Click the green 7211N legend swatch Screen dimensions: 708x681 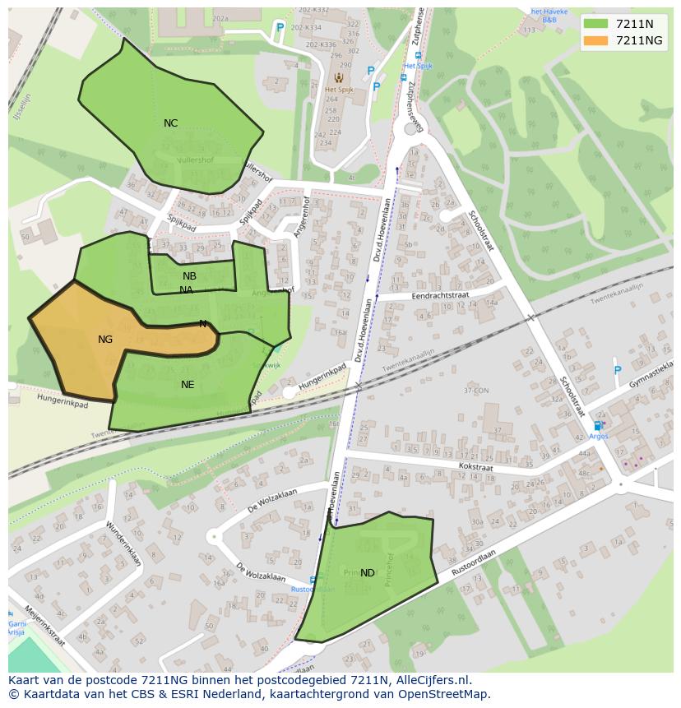click(595, 24)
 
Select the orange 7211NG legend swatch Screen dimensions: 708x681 click(595, 40)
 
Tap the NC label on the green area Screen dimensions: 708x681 click(170, 123)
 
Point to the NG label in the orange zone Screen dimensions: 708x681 click(105, 340)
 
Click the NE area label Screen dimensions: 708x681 click(188, 384)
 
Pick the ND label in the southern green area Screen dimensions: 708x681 click(368, 573)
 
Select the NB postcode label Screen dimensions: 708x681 click(190, 276)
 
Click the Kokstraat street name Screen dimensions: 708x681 click(475, 466)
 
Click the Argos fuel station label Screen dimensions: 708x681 click(598, 436)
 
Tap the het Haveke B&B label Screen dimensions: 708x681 click(548, 15)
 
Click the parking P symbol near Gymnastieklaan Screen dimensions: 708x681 click(618, 370)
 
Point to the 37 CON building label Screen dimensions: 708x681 click(475, 391)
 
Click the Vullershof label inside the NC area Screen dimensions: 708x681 click(195, 160)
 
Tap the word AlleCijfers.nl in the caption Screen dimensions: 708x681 click(430, 680)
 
